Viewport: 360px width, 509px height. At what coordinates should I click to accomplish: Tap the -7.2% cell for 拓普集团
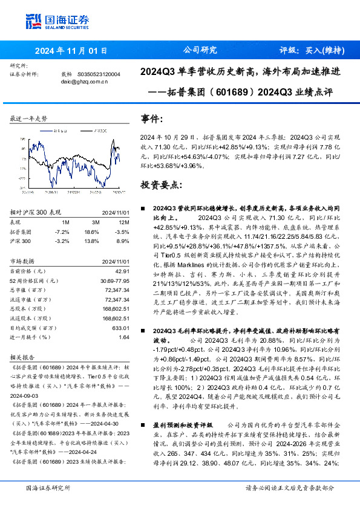point(62,232)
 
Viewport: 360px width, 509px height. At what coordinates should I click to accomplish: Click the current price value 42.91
point(117,272)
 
